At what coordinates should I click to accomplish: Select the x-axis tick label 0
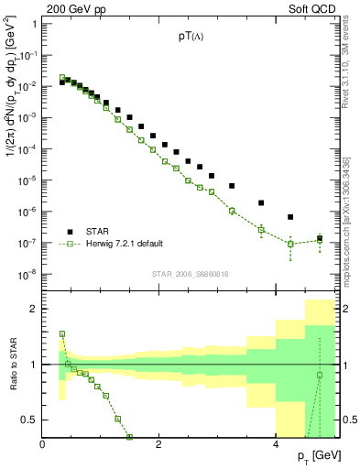(44, 445)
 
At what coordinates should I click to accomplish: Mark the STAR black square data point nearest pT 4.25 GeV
(290, 217)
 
